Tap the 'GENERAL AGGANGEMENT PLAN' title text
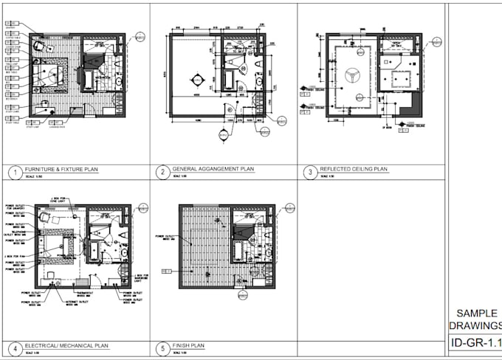pyautogui.click(x=213, y=169)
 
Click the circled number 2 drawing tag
pyautogui.click(x=161, y=173)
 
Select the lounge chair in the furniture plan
pyautogui.click(x=38, y=46)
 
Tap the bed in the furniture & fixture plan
pyautogui.click(x=52, y=75)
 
